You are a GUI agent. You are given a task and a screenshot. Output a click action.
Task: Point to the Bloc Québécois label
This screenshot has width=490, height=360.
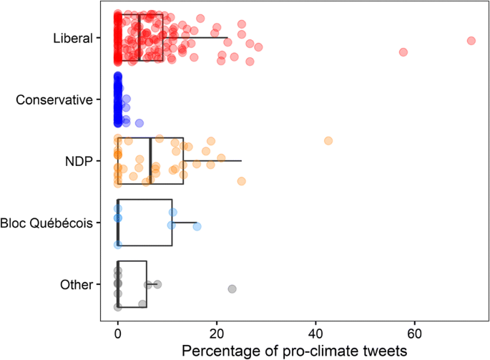[x=47, y=223]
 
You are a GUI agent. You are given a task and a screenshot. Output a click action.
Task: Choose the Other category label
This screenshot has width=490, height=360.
[x=77, y=285]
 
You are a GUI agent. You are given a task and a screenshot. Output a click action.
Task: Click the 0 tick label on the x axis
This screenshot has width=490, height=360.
[x=117, y=334]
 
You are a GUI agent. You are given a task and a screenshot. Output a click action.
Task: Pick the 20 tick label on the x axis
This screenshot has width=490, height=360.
[x=217, y=334]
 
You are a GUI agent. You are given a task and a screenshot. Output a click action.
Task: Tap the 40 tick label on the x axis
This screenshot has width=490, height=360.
[x=315, y=334]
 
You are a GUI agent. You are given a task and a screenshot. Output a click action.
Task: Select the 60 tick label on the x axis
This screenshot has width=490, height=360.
[x=415, y=334]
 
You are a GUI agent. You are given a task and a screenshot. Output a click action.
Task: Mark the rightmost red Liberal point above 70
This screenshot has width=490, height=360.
[x=471, y=40]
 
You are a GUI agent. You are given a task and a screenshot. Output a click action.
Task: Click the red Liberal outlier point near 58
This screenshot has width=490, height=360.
[x=403, y=52]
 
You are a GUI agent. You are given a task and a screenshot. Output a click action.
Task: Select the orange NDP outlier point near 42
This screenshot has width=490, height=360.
[x=328, y=141]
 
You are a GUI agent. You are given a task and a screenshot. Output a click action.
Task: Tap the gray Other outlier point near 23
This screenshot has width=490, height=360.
[x=232, y=288]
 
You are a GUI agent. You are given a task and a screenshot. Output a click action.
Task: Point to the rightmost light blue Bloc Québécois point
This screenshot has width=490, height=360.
[x=197, y=227]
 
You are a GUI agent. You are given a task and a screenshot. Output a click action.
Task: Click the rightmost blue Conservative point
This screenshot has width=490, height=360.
[x=139, y=122]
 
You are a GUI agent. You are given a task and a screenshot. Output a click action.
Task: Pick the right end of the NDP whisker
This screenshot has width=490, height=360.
[x=241, y=161]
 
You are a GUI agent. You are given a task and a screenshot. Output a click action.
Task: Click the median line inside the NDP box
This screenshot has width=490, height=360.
[x=150, y=161]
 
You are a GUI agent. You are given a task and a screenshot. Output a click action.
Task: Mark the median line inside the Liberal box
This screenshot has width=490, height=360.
[x=139, y=37]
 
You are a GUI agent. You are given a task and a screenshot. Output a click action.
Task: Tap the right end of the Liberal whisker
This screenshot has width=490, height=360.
[x=227, y=37]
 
